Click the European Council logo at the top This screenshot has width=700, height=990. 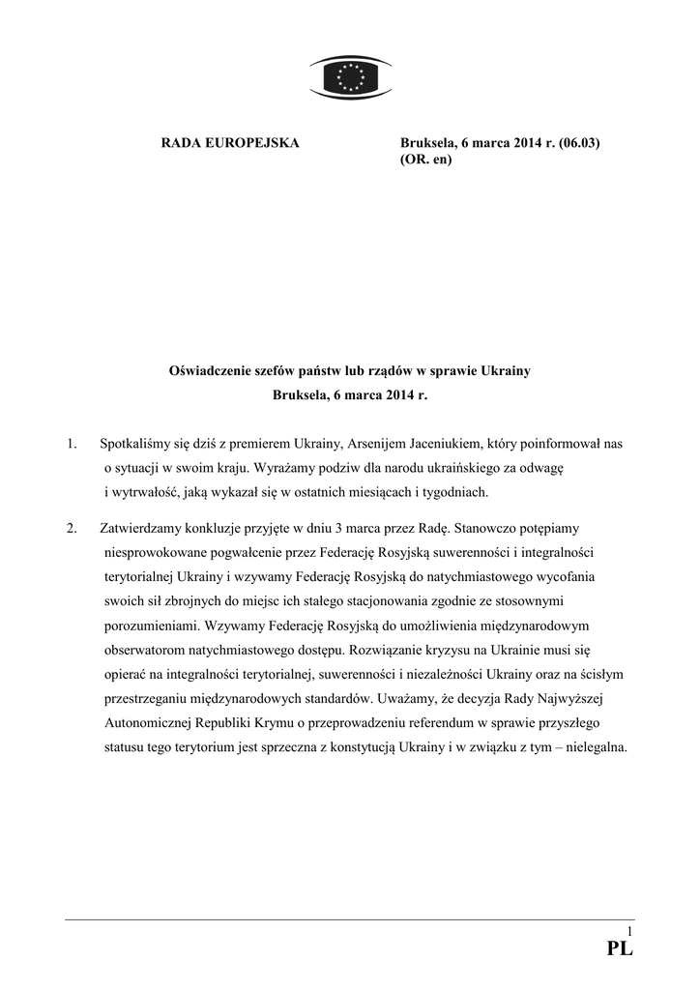(350, 76)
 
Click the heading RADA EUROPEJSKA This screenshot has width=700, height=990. (229, 143)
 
